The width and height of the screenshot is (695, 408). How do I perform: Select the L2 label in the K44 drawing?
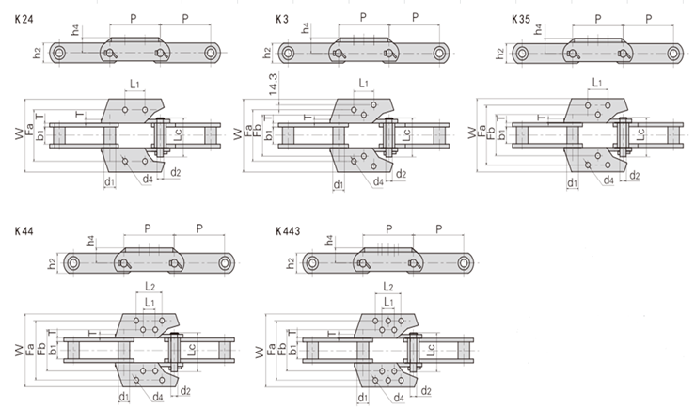(150, 284)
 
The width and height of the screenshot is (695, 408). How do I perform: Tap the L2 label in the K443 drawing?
(388, 284)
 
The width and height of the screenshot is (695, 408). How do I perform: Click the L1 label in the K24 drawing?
(134, 86)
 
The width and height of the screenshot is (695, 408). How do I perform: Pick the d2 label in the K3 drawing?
(401, 174)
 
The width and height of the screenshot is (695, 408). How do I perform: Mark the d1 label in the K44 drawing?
(123, 397)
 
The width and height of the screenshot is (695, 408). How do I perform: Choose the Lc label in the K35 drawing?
(640, 134)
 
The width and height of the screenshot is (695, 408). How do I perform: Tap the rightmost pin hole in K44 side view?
(227, 263)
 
